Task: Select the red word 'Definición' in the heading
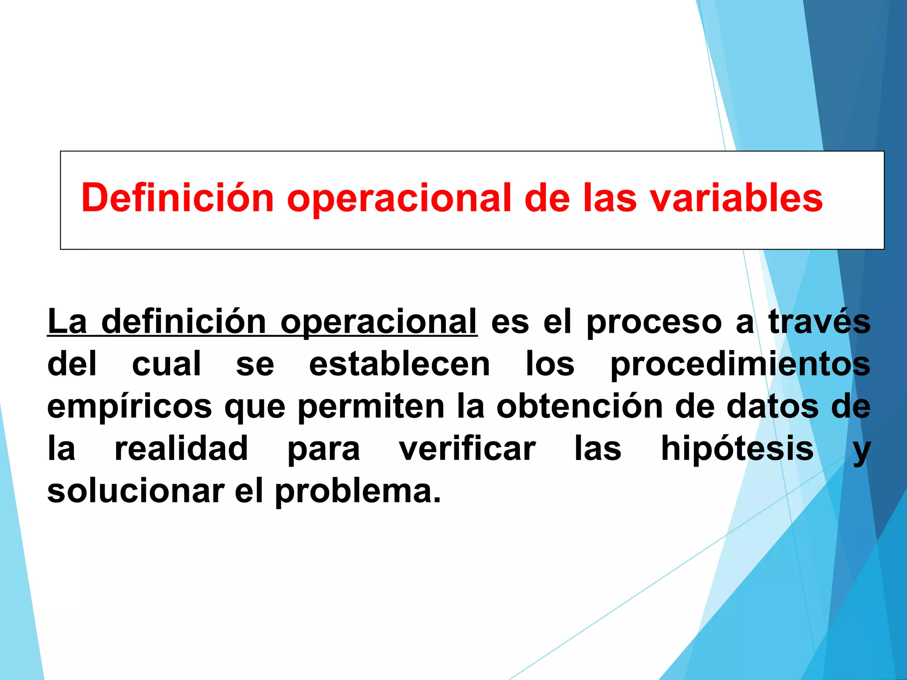pyautogui.click(x=177, y=198)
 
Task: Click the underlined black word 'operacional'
pyautogui.click(x=379, y=322)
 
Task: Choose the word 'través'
pyautogui.click(x=819, y=321)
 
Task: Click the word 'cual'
pyautogui.click(x=167, y=364)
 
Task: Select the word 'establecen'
pyautogui.click(x=399, y=364)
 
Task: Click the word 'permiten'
pyautogui.click(x=371, y=406)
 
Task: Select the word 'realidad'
pyautogui.click(x=181, y=448)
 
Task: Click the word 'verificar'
pyautogui.click(x=467, y=448)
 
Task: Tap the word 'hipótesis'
pyautogui.click(x=737, y=448)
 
